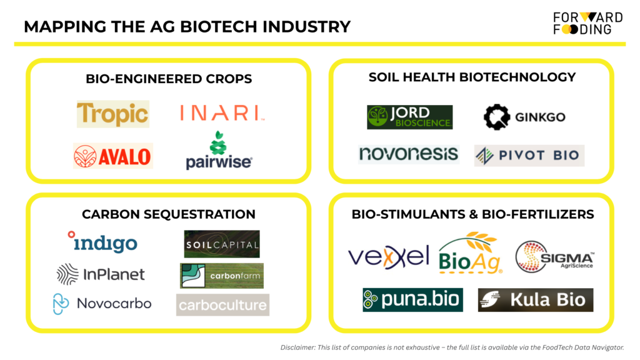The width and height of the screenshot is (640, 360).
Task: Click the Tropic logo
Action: coord(113,114)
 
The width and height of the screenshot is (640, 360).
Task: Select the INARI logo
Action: coord(222,113)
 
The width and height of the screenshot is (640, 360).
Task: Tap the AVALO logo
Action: coord(113,156)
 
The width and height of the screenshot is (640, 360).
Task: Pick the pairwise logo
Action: coord(219,150)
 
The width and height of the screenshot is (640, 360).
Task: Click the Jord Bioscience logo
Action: coord(410,117)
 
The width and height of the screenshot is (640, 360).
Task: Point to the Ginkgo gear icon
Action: coord(497,117)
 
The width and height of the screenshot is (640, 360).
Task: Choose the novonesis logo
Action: coord(409,154)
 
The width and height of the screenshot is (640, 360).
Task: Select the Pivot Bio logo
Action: coord(529,156)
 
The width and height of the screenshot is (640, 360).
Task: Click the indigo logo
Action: coord(102,242)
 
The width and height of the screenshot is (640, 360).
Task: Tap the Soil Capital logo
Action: coord(222,244)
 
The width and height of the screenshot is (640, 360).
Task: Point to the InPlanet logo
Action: coord(101,274)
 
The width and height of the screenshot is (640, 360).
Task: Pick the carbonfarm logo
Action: coord(222,276)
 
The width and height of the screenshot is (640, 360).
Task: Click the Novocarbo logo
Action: coord(102,304)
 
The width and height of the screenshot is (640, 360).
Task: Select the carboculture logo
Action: coord(223,305)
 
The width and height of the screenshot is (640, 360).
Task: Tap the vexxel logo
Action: coord(388,257)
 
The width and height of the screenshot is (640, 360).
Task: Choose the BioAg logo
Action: coord(470,253)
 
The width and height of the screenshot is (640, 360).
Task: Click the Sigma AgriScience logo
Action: coord(554,256)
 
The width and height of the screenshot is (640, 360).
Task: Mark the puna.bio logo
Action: coord(412,299)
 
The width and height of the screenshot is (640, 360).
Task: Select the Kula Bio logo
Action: coord(536,300)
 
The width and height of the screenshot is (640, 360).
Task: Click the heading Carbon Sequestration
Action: coord(169,214)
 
